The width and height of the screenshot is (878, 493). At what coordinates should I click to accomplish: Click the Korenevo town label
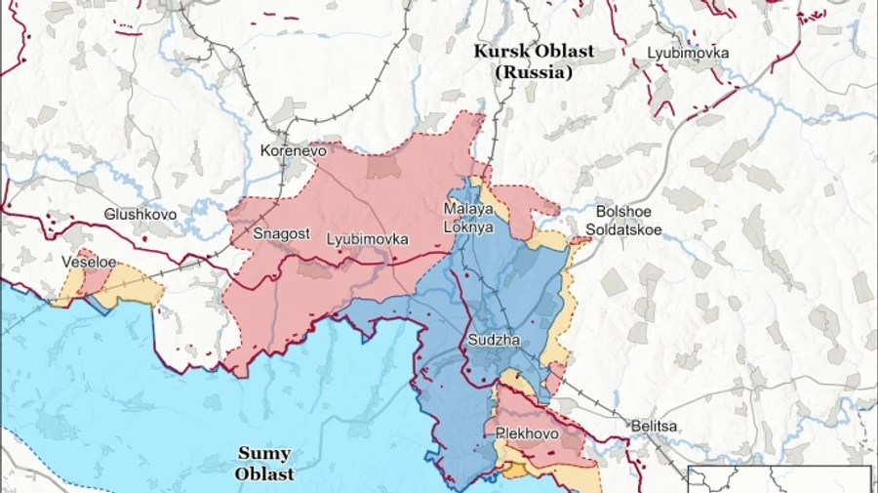293,151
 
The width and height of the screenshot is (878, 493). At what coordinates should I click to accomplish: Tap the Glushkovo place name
140,214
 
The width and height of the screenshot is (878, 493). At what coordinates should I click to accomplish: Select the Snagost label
281,234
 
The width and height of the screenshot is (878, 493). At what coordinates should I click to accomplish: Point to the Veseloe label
89,263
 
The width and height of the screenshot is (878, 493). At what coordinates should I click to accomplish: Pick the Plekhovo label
527,431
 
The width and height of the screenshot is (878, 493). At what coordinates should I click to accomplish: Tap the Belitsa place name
654,427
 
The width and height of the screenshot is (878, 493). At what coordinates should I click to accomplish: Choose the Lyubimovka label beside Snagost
367,238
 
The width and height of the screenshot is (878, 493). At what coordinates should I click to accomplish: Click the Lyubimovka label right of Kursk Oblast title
689,53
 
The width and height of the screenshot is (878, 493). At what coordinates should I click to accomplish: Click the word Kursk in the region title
499,52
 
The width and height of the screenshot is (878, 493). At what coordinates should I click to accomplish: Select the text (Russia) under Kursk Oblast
533,72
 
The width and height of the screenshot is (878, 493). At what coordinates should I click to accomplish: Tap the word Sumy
263,454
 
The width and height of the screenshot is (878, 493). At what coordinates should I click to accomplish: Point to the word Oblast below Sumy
263,474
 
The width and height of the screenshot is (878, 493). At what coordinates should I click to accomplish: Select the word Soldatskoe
623,230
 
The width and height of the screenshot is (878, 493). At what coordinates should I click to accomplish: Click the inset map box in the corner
780,479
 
